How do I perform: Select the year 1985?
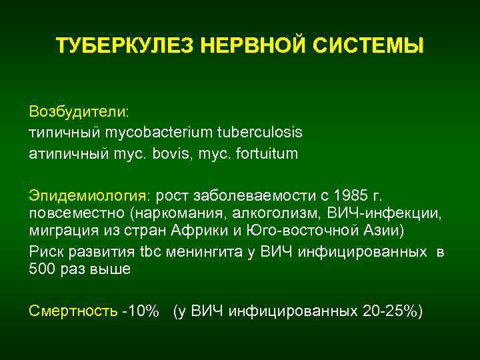tap(352, 197)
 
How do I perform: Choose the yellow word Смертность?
tap(73, 311)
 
